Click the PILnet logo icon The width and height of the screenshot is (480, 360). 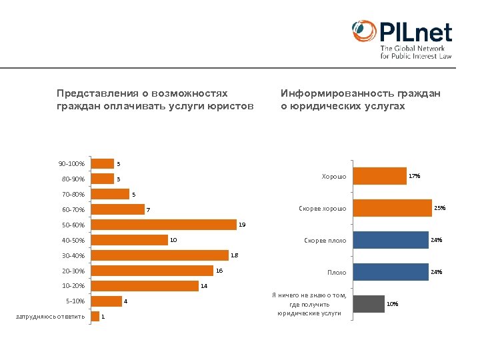click(364, 32)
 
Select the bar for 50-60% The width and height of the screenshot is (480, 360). click(164, 225)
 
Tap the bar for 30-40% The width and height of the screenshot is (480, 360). click(160, 255)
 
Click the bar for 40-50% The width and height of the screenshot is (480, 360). click(129, 240)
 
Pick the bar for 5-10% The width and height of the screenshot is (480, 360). click(107, 301)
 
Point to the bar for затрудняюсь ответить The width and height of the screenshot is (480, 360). click(95, 316)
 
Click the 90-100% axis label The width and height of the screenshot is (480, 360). click(71, 164)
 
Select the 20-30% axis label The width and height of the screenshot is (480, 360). click(73, 271)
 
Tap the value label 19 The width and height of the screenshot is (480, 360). click(242, 225)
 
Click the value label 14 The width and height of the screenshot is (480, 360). click(204, 286)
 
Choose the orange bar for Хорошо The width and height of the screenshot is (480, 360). click(379, 176)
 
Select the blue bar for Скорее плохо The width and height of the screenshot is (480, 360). click(390, 240)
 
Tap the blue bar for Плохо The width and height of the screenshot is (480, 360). click(390, 272)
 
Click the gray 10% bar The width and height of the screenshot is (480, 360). click(369, 304)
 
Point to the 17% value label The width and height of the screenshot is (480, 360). click(414, 176)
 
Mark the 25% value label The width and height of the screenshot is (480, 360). click(439, 208)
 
